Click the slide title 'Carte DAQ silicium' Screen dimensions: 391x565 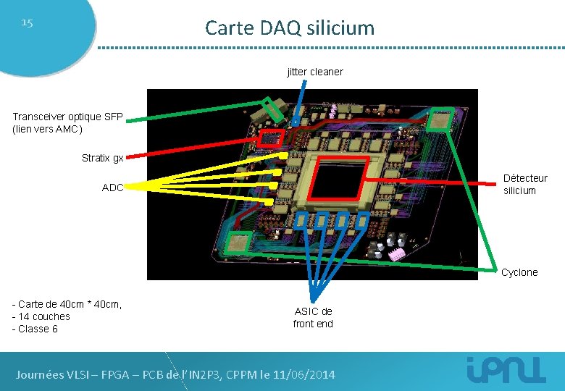(x=290, y=28)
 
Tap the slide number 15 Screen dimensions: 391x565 (x=27, y=22)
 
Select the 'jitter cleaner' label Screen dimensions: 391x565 (x=315, y=72)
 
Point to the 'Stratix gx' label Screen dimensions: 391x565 (x=102, y=158)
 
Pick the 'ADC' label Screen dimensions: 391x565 (x=112, y=187)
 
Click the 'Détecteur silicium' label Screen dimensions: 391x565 (x=525, y=184)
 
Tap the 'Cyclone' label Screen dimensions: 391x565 (x=519, y=272)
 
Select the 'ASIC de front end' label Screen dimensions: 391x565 (x=313, y=317)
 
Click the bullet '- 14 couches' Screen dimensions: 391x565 (x=41, y=316)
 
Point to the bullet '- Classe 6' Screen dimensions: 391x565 (x=35, y=329)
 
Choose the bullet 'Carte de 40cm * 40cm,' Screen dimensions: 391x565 (x=67, y=304)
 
